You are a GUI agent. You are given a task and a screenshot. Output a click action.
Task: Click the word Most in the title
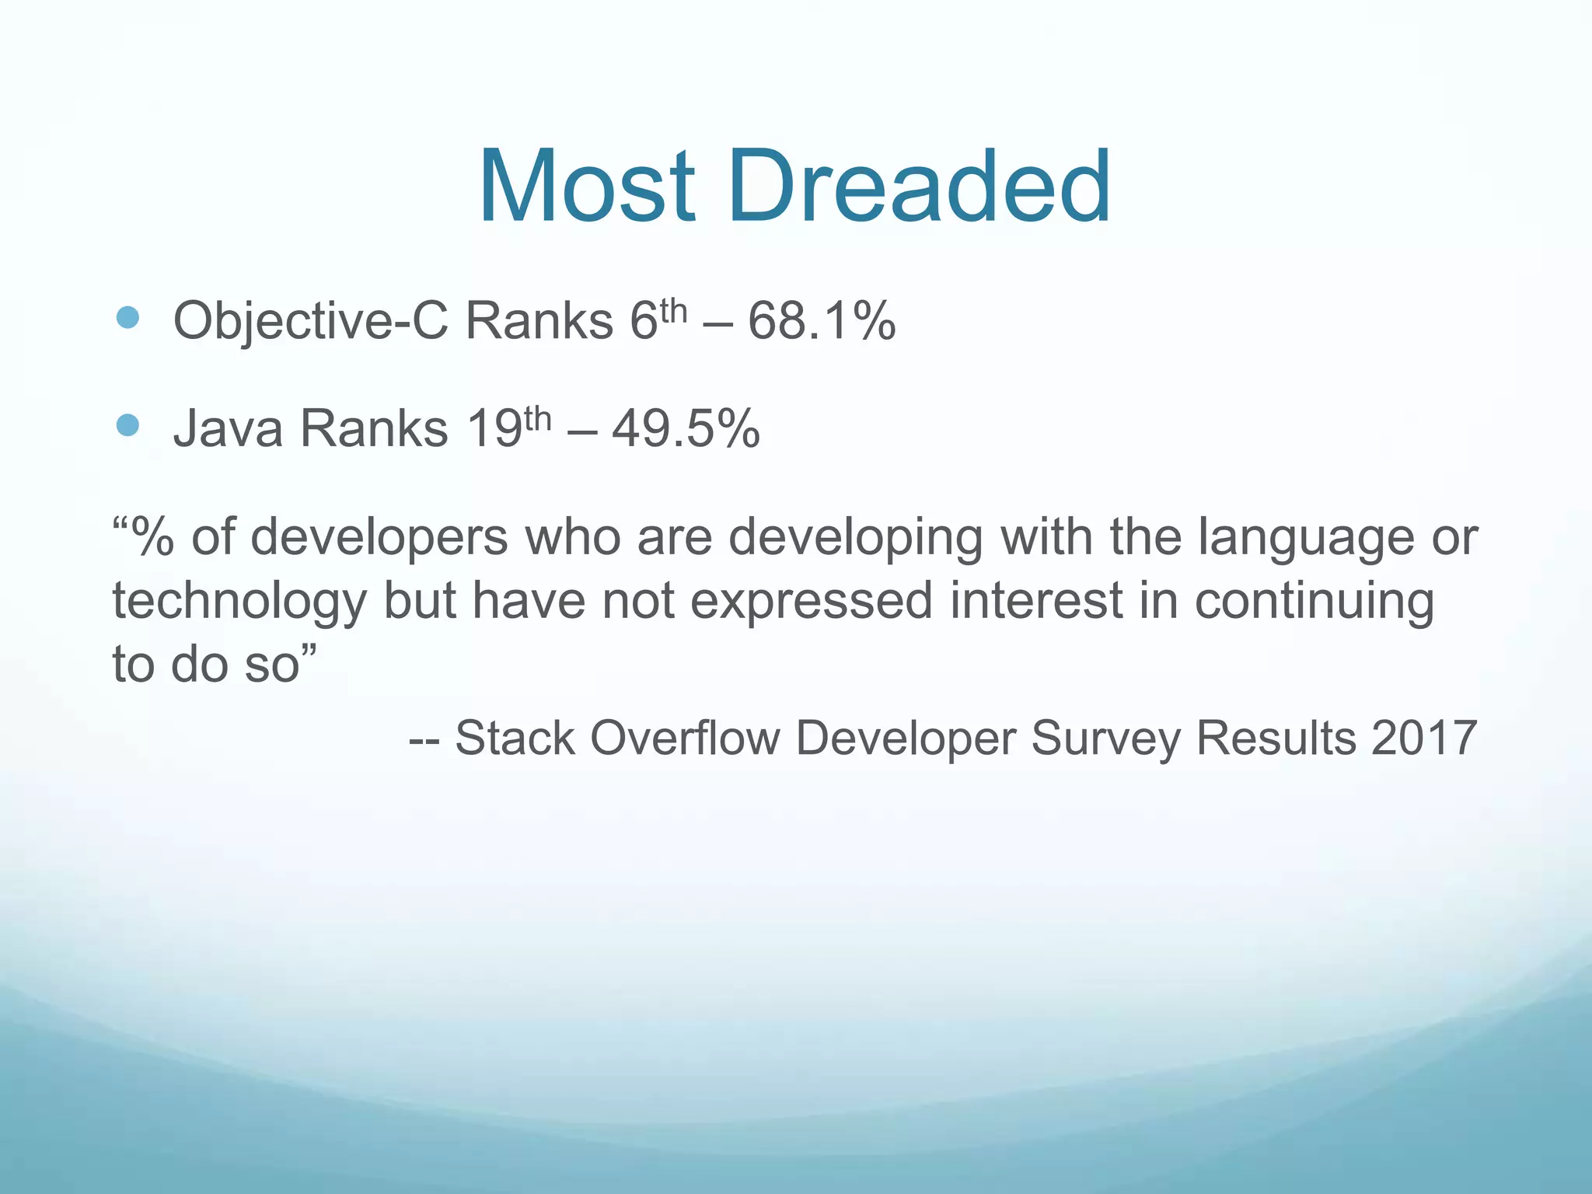pos(587,188)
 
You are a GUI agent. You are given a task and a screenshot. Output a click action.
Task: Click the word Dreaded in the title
pos(919,188)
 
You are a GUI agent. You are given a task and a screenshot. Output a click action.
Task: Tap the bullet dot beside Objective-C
pos(127,317)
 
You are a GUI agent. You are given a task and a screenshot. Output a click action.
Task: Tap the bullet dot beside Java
pos(127,425)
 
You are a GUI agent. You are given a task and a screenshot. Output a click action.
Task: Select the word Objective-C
pos(310,321)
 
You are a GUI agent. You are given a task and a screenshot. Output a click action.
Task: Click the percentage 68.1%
pos(822,321)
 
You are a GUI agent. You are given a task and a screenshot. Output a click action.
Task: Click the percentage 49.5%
pos(686,428)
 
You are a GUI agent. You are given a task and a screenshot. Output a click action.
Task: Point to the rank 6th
pos(657,319)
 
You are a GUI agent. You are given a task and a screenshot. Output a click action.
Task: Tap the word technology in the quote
pos(239,602)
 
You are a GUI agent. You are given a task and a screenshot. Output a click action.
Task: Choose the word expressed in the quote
pos(811,602)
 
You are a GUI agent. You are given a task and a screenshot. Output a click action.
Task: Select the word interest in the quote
pos(1036,601)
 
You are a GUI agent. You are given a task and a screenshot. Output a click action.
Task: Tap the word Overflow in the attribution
pos(684,738)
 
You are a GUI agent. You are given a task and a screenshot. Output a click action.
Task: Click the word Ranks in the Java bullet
pos(374,428)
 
